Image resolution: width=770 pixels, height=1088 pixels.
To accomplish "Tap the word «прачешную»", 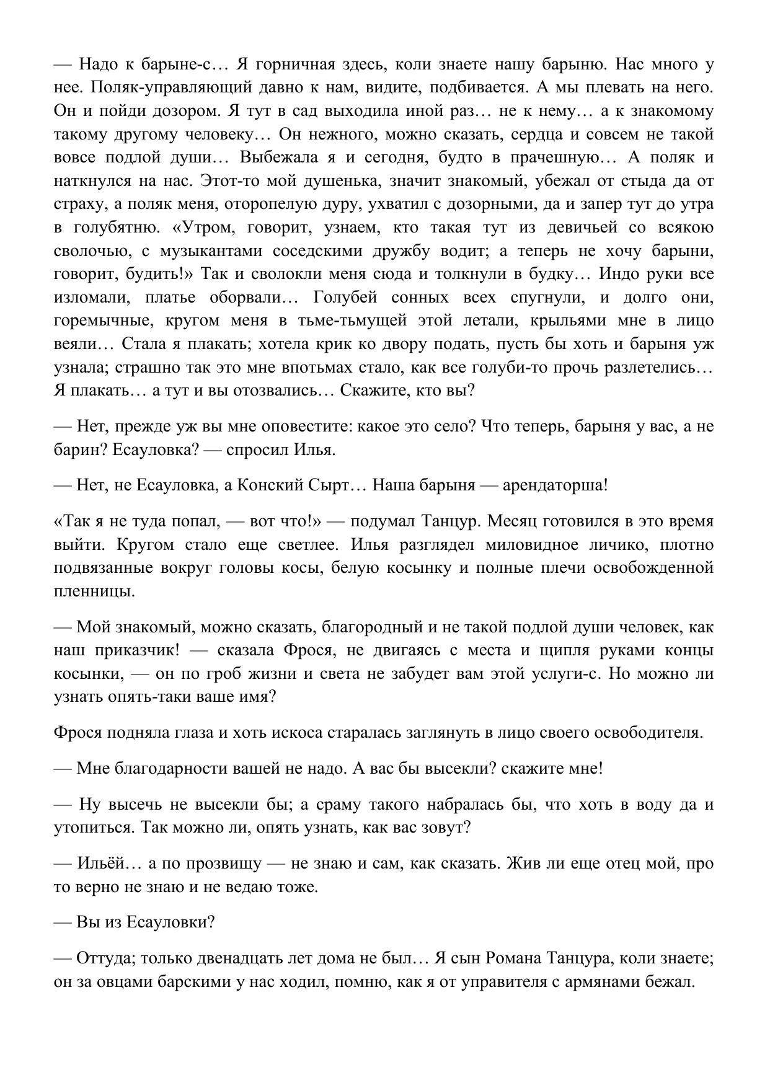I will pos(554,157).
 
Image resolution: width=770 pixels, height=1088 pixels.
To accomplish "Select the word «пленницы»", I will pos(94,591).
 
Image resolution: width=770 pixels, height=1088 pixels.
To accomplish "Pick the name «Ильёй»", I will pos(101,864).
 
